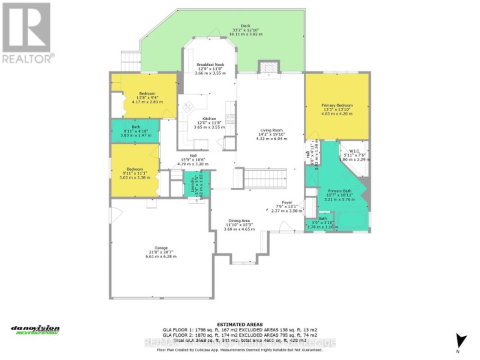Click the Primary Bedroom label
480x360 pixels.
coord(337,109)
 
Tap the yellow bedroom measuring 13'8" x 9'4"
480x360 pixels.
coord(147,97)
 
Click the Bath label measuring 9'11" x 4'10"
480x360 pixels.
coord(135,131)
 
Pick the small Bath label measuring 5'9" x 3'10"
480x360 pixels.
coord(322,222)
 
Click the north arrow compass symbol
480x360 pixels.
coord(457,340)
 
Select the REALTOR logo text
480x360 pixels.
coord(27,59)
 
